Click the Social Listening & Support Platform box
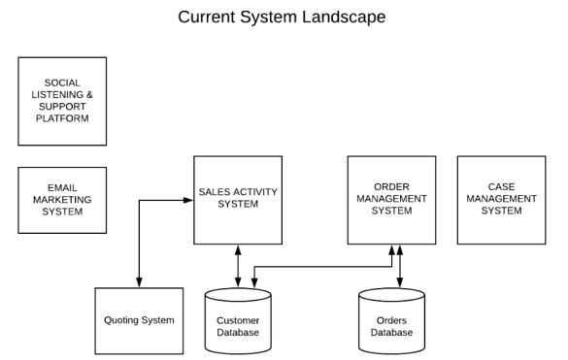pyautogui.click(x=62, y=101)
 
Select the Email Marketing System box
pyautogui.click(x=62, y=200)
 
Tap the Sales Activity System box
pyautogui.click(x=238, y=200)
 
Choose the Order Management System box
pyautogui.click(x=391, y=200)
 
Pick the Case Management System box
pyautogui.click(x=501, y=200)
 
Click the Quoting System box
pyautogui.click(x=139, y=321)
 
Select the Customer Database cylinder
pyautogui.click(x=238, y=321)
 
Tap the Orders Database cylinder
pyautogui.click(x=391, y=321)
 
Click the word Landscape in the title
pyautogui.click(x=344, y=17)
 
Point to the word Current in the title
pyautogui.click(x=207, y=17)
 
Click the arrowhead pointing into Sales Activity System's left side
pyautogui.click(x=188, y=200)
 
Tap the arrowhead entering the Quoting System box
pyautogui.click(x=139, y=283)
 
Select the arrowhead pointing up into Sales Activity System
pyautogui.click(x=238, y=249)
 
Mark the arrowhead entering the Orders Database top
pyautogui.click(x=400, y=283)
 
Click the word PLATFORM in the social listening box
pyautogui.click(x=62, y=118)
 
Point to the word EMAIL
pyautogui.click(x=62, y=187)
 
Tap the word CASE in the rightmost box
pyautogui.click(x=501, y=187)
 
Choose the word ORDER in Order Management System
pyautogui.click(x=391, y=187)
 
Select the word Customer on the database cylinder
pyautogui.click(x=238, y=320)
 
